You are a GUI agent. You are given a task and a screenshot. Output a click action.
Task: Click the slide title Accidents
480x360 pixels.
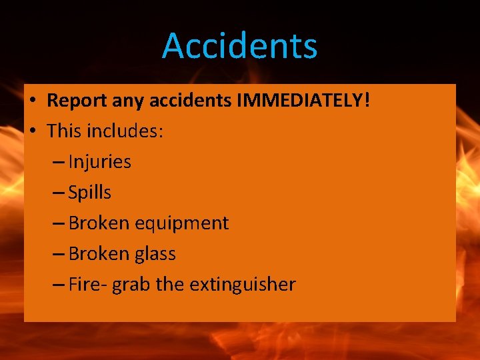pos(240,46)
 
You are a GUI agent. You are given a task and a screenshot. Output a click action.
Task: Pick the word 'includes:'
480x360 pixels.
pos(125,131)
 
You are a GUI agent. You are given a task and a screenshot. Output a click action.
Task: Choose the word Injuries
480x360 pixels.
pos(100,162)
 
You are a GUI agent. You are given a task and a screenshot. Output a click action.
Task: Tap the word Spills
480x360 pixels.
pos(90,193)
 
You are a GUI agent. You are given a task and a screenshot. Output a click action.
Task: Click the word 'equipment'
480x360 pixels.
pos(181,223)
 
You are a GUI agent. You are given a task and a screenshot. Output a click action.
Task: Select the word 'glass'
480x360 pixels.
pos(155,254)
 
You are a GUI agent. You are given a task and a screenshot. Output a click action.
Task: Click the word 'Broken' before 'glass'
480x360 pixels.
pos(99,254)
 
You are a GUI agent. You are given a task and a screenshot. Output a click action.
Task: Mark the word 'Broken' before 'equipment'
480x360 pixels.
pos(99,223)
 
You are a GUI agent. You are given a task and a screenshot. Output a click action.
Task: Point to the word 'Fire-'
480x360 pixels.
pos(87,285)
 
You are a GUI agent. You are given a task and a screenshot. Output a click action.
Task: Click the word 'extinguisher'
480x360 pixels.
pos(243,285)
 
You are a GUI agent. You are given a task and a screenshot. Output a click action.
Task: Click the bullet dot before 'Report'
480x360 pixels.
pos(32,101)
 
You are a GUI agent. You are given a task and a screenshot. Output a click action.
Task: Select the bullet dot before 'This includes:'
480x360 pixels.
pos(32,132)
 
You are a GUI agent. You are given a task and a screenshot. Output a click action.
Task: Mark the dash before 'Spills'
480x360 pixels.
pos(57,193)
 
